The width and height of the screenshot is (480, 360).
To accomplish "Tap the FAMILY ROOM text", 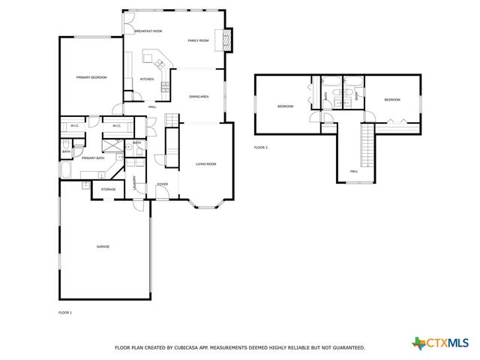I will (x=198, y=40).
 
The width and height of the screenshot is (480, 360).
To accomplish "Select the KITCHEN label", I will (x=147, y=79).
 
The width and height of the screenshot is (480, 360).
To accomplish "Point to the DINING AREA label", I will (x=199, y=97).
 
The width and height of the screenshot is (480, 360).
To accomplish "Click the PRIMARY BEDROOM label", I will (x=91, y=77).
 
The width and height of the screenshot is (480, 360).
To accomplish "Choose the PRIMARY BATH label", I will (x=94, y=158).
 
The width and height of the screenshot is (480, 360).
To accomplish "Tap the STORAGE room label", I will (x=109, y=190).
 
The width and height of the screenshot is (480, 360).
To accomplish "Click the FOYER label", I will (x=162, y=184).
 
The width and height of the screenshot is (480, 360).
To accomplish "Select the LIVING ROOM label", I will (x=206, y=163).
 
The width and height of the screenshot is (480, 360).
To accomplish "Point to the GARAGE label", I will (x=103, y=246).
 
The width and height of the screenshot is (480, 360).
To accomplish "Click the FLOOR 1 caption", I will (x=65, y=312).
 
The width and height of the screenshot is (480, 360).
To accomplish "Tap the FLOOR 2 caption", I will (x=260, y=147).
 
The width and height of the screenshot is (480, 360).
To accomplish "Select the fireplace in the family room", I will (x=220, y=40).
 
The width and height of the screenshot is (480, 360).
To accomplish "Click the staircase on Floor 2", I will (x=367, y=146).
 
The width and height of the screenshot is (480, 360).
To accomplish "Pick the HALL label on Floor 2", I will (x=354, y=172).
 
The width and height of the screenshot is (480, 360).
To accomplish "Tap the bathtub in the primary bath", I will (x=64, y=172).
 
